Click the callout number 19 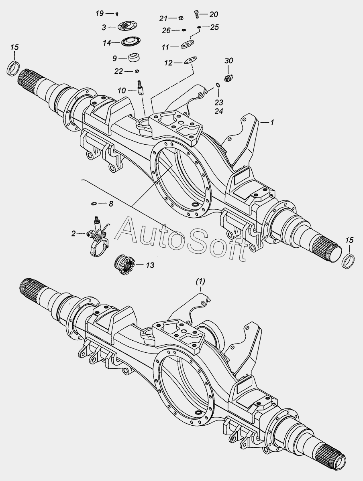point(100,14)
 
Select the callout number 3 point(104,27)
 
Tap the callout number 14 point(106,42)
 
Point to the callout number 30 point(228,61)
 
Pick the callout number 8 point(110,204)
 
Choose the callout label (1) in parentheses point(200,282)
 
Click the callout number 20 point(214,14)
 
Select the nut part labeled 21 point(181,18)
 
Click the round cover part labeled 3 point(125,27)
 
